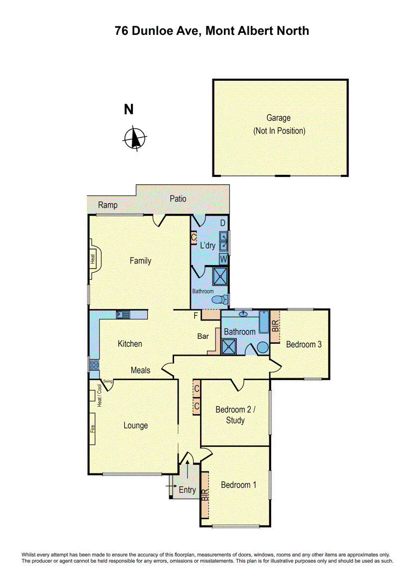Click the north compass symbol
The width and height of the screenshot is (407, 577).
tap(134, 138)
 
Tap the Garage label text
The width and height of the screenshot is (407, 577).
tap(278, 118)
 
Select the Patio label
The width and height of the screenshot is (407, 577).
tap(178, 198)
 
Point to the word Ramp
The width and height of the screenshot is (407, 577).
tap(107, 205)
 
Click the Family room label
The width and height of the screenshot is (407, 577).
tap(140, 261)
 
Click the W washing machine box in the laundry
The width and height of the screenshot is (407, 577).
tap(224, 259)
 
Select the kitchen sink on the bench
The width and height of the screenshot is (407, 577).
tap(122, 314)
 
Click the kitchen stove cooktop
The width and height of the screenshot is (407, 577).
tap(94, 365)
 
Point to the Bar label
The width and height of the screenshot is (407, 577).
tap(203, 336)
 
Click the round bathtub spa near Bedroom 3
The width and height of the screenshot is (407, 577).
tap(263, 348)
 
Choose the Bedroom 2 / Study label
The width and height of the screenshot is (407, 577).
tap(235, 415)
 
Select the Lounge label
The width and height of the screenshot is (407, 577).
tap(135, 426)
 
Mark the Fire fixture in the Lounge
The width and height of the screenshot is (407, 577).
tap(93, 429)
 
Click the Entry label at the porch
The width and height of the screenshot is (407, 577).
tap(187, 490)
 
